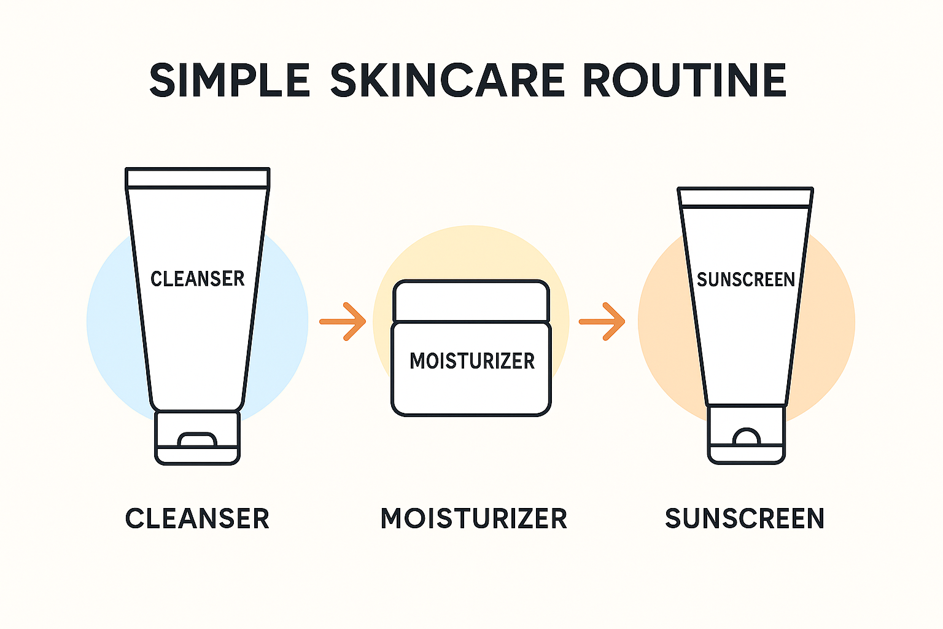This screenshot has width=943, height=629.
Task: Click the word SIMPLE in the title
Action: [x=230, y=80]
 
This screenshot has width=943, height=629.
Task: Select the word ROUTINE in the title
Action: [x=685, y=80]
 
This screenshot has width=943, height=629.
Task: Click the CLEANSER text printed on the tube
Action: [x=198, y=279]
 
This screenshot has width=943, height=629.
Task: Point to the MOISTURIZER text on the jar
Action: [x=472, y=361]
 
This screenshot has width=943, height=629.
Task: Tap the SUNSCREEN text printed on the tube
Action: [x=745, y=279]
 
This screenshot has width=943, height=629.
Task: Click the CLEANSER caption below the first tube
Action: [x=198, y=518]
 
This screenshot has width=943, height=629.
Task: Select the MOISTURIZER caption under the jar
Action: [x=474, y=518]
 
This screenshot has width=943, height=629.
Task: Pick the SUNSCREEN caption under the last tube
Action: [x=745, y=518]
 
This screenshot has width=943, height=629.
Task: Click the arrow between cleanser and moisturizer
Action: [x=343, y=322]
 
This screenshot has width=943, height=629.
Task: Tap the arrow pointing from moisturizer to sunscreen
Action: [x=602, y=322]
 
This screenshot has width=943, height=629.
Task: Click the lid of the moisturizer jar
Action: [x=471, y=301]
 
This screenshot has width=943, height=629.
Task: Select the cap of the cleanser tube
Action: [x=198, y=438]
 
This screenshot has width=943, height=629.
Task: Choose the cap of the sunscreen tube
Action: [x=747, y=434]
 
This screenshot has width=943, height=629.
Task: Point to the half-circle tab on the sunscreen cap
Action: [x=747, y=437]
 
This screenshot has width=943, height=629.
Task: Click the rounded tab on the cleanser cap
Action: [x=198, y=439]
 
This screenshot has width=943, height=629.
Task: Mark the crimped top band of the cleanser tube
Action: [x=198, y=178]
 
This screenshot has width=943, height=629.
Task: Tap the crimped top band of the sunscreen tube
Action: [x=745, y=197]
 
